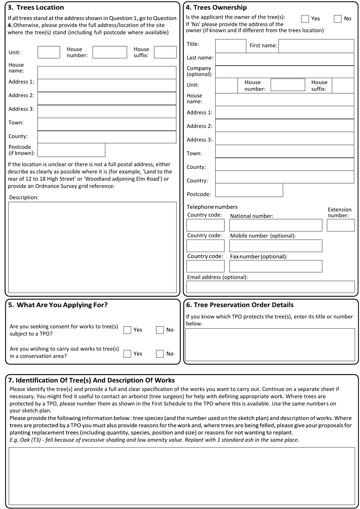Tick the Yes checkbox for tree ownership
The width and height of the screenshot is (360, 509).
coord(305,19)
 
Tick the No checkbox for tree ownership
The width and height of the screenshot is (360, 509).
coord(338,19)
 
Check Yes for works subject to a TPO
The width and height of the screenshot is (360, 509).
coord(128,330)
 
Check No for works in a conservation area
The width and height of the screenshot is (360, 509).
coord(160,354)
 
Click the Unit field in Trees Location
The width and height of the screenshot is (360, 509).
coord(49,52)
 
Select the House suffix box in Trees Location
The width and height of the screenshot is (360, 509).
coord(165,52)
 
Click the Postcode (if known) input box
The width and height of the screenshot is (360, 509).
coord(71,150)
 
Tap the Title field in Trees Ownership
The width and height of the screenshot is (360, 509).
coord(230,46)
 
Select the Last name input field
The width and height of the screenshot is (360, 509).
coord(285,59)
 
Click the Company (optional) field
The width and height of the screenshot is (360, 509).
coord(285,72)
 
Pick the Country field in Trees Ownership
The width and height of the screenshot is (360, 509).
coord(285,177)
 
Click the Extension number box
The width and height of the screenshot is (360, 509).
coord(340,225)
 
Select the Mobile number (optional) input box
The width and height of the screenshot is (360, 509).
coord(275,246)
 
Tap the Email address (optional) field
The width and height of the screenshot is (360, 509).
coord(270,287)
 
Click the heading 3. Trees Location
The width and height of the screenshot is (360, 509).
coord(36,8)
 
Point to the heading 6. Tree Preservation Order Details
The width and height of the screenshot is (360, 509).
coord(239,305)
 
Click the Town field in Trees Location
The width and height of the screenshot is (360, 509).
coord(107,124)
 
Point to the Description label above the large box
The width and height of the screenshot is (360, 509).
coord(24,197)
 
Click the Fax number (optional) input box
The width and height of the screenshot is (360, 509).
coord(275,266)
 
